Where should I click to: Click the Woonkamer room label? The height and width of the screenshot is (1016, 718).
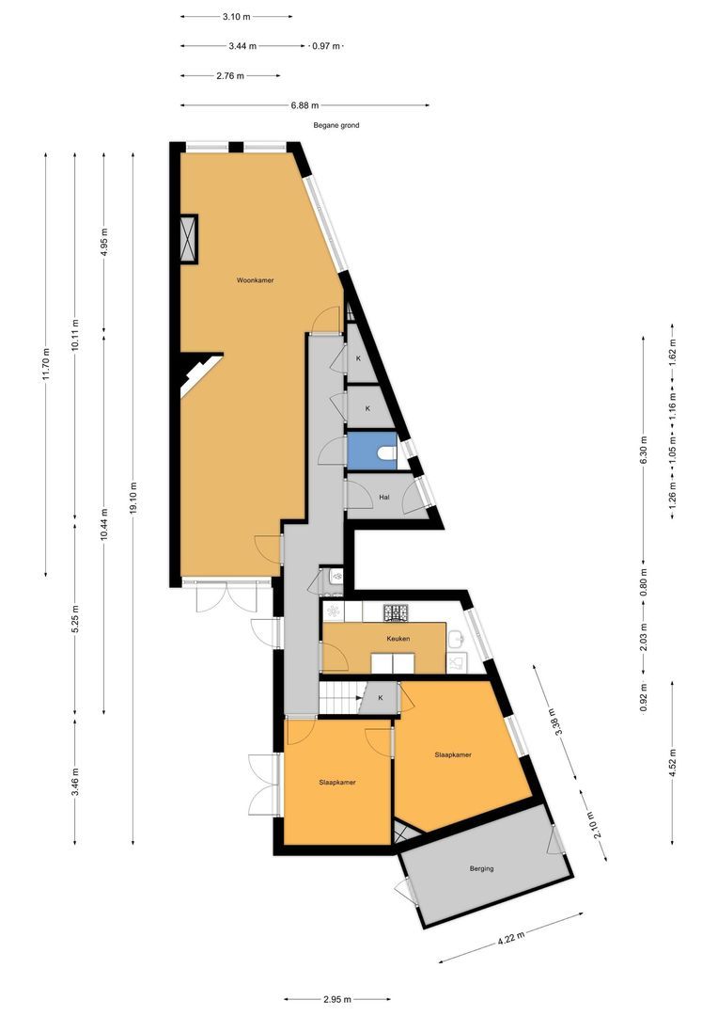point(255,280)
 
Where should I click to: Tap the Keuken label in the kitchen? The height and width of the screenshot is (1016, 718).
point(398,639)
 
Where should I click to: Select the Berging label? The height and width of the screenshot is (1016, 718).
point(482,868)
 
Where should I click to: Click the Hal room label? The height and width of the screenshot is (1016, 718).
point(384,498)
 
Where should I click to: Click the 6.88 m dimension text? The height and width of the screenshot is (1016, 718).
point(304,105)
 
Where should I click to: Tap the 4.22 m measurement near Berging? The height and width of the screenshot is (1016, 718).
point(511,938)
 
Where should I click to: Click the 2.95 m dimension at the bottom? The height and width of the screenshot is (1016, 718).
point(336,999)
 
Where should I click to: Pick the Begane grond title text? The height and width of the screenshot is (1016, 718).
point(336,126)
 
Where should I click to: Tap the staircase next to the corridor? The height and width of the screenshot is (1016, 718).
point(340,698)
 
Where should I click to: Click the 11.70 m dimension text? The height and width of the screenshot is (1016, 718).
point(46,365)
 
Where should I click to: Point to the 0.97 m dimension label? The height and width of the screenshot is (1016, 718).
point(326,46)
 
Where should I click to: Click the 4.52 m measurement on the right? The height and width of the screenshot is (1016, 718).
point(673,762)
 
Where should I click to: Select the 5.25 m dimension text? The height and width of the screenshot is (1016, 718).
point(75,619)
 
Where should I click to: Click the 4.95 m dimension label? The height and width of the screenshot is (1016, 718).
point(104,243)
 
